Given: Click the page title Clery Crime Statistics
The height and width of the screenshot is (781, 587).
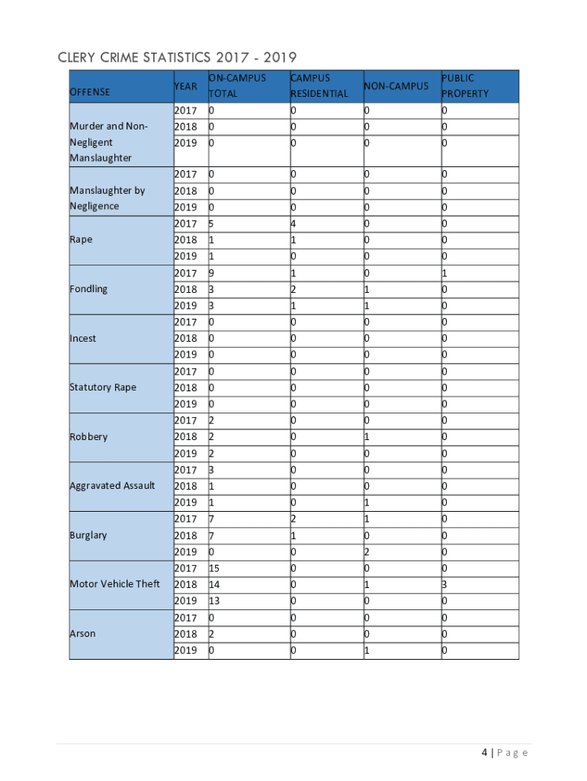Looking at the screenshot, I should (x=176, y=58).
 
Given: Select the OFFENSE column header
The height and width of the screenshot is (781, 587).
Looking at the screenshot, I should (x=90, y=92).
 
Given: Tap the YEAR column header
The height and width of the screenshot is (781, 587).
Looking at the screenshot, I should (x=186, y=86).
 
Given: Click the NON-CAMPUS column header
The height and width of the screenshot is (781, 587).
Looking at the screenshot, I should (x=396, y=86).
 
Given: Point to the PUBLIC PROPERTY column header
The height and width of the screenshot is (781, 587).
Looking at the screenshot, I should (x=465, y=85).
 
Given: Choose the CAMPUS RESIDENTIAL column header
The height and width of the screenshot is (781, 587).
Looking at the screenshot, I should (x=319, y=85).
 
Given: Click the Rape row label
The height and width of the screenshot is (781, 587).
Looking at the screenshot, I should (x=81, y=239).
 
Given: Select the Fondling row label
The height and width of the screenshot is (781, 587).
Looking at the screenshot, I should (x=88, y=289).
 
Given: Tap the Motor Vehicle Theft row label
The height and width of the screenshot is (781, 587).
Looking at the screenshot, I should (x=115, y=584).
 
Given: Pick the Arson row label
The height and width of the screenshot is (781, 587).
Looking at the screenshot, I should (x=82, y=634).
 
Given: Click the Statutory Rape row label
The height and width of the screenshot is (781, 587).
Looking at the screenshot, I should (x=103, y=387).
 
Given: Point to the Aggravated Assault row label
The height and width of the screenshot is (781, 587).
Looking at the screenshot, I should (x=112, y=486).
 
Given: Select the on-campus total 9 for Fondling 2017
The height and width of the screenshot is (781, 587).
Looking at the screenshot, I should (x=211, y=273).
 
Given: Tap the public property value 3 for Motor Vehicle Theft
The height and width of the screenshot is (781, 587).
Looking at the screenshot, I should (x=444, y=584).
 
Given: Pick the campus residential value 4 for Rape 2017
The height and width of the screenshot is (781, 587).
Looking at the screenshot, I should (x=293, y=223).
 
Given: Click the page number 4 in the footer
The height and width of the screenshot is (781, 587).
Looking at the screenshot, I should (x=484, y=753).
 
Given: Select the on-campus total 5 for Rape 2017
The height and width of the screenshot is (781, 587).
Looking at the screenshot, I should (x=211, y=223).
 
